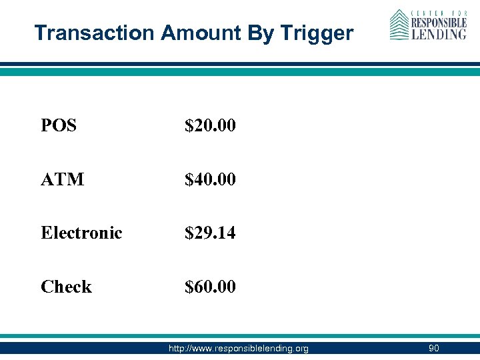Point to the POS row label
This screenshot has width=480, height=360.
59,125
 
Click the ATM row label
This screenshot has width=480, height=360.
62,179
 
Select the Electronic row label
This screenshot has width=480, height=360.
81,233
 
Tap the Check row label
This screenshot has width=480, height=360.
66,287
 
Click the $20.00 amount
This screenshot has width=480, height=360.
210,125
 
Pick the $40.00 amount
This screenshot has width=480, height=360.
210,179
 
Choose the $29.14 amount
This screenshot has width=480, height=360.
210,233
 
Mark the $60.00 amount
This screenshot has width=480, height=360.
210,287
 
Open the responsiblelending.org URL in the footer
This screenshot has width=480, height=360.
239,348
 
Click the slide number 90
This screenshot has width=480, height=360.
433,348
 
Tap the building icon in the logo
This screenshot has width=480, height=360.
399,25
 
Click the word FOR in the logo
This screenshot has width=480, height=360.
457,13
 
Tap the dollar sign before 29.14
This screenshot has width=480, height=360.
189,233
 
